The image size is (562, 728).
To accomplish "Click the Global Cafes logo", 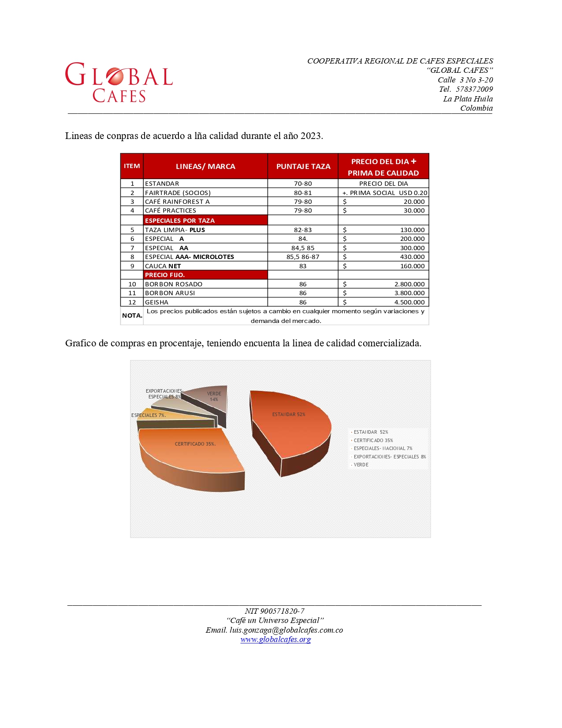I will point(119,83).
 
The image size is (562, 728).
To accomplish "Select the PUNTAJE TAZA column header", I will point(303,166).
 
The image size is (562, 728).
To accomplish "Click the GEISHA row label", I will point(156,302).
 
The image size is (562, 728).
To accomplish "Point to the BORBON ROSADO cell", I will point(174,284).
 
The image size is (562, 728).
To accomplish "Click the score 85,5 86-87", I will point(303,257).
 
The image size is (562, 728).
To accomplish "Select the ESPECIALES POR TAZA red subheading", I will point(180,221).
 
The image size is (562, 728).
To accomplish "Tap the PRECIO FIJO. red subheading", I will point(165,275).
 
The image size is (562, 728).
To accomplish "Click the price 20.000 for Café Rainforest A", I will point(414,202).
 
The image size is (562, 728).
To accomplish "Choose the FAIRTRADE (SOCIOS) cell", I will point(178,193).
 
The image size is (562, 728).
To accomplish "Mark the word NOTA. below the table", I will point(132,315).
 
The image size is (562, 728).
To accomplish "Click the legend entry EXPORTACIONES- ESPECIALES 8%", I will point(389,457).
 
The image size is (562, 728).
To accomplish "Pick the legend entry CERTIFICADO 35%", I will point(373,440).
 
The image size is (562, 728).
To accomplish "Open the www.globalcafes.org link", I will point(275,639).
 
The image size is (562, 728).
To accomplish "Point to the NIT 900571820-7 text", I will point(274,611).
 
